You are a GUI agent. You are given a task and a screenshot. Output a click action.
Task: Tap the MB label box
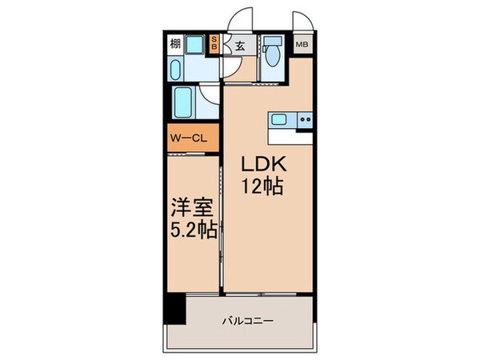[x=302, y=45]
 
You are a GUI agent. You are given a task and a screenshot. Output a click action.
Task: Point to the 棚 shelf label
[x=175, y=45]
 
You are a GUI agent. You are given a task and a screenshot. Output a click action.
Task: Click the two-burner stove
[x=304, y=120]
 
